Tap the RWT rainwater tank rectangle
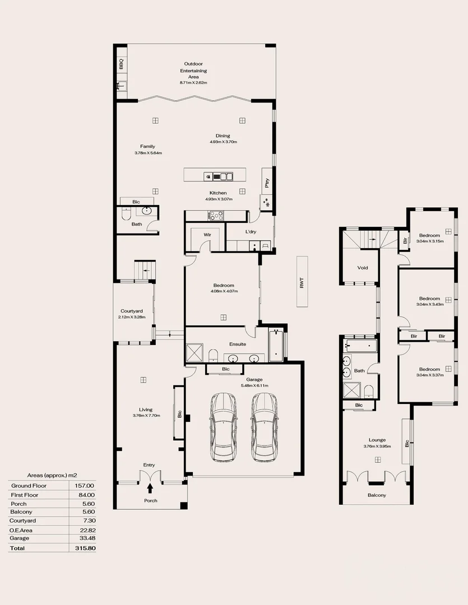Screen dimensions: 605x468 (x=302, y=282)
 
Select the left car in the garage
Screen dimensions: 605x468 (x=223, y=427)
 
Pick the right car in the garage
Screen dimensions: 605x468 (x=265, y=427)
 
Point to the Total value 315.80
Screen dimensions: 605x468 (x=85, y=548)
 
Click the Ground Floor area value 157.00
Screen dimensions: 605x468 (x=85, y=486)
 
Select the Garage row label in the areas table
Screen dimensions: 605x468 (x=19, y=538)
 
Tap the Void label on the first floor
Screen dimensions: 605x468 (x=363, y=268)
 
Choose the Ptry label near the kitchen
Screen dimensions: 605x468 (x=267, y=183)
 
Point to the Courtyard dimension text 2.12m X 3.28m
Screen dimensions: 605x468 (x=132, y=318)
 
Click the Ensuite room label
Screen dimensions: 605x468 (x=238, y=344)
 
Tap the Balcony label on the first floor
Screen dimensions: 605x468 (x=377, y=495)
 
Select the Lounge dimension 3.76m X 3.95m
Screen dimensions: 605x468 (x=377, y=446)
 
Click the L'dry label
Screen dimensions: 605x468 (x=251, y=232)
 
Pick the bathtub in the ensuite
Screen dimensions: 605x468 (x=277, y=346)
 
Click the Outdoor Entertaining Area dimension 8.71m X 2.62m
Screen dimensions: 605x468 (x=193, y=83)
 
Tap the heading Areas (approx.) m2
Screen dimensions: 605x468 (x=52, y=474)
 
